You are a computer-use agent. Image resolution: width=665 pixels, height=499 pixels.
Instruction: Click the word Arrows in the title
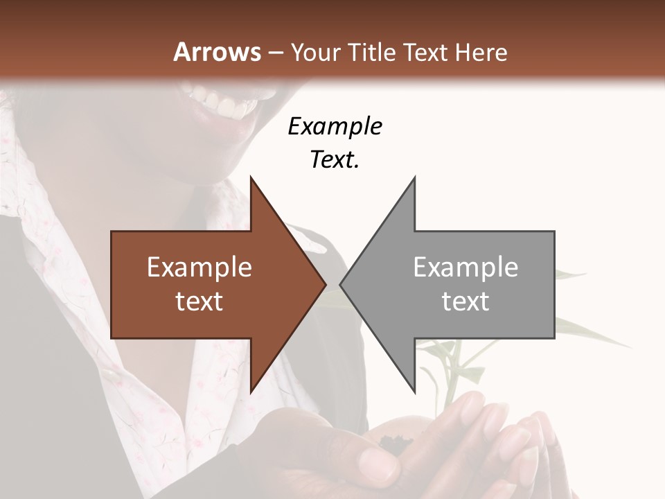pos(217,52)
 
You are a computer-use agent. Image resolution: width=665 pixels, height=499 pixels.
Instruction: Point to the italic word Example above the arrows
pos(335,126)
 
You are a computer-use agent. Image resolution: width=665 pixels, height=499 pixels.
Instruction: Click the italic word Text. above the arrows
pos(335,159)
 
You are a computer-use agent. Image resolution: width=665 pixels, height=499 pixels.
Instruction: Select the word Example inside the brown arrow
pos(199,268)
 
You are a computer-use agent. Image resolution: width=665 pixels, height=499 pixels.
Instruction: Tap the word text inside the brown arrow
pos(199,301)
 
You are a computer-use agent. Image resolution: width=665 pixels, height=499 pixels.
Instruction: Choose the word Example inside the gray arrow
pos(465,268)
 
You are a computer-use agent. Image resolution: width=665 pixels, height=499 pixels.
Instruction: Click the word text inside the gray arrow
pos(465,301)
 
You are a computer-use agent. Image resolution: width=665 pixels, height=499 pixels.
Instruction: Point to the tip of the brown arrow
pos(326,284)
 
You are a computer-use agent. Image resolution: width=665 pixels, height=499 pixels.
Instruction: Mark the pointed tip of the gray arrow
pos(340,284)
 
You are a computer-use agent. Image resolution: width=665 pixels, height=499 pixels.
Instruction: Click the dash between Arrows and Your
pos(275,53)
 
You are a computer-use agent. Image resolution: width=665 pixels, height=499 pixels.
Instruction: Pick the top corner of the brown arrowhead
pos(251,177)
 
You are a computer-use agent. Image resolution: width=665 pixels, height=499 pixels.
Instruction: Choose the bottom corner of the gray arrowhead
pos(414,392)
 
